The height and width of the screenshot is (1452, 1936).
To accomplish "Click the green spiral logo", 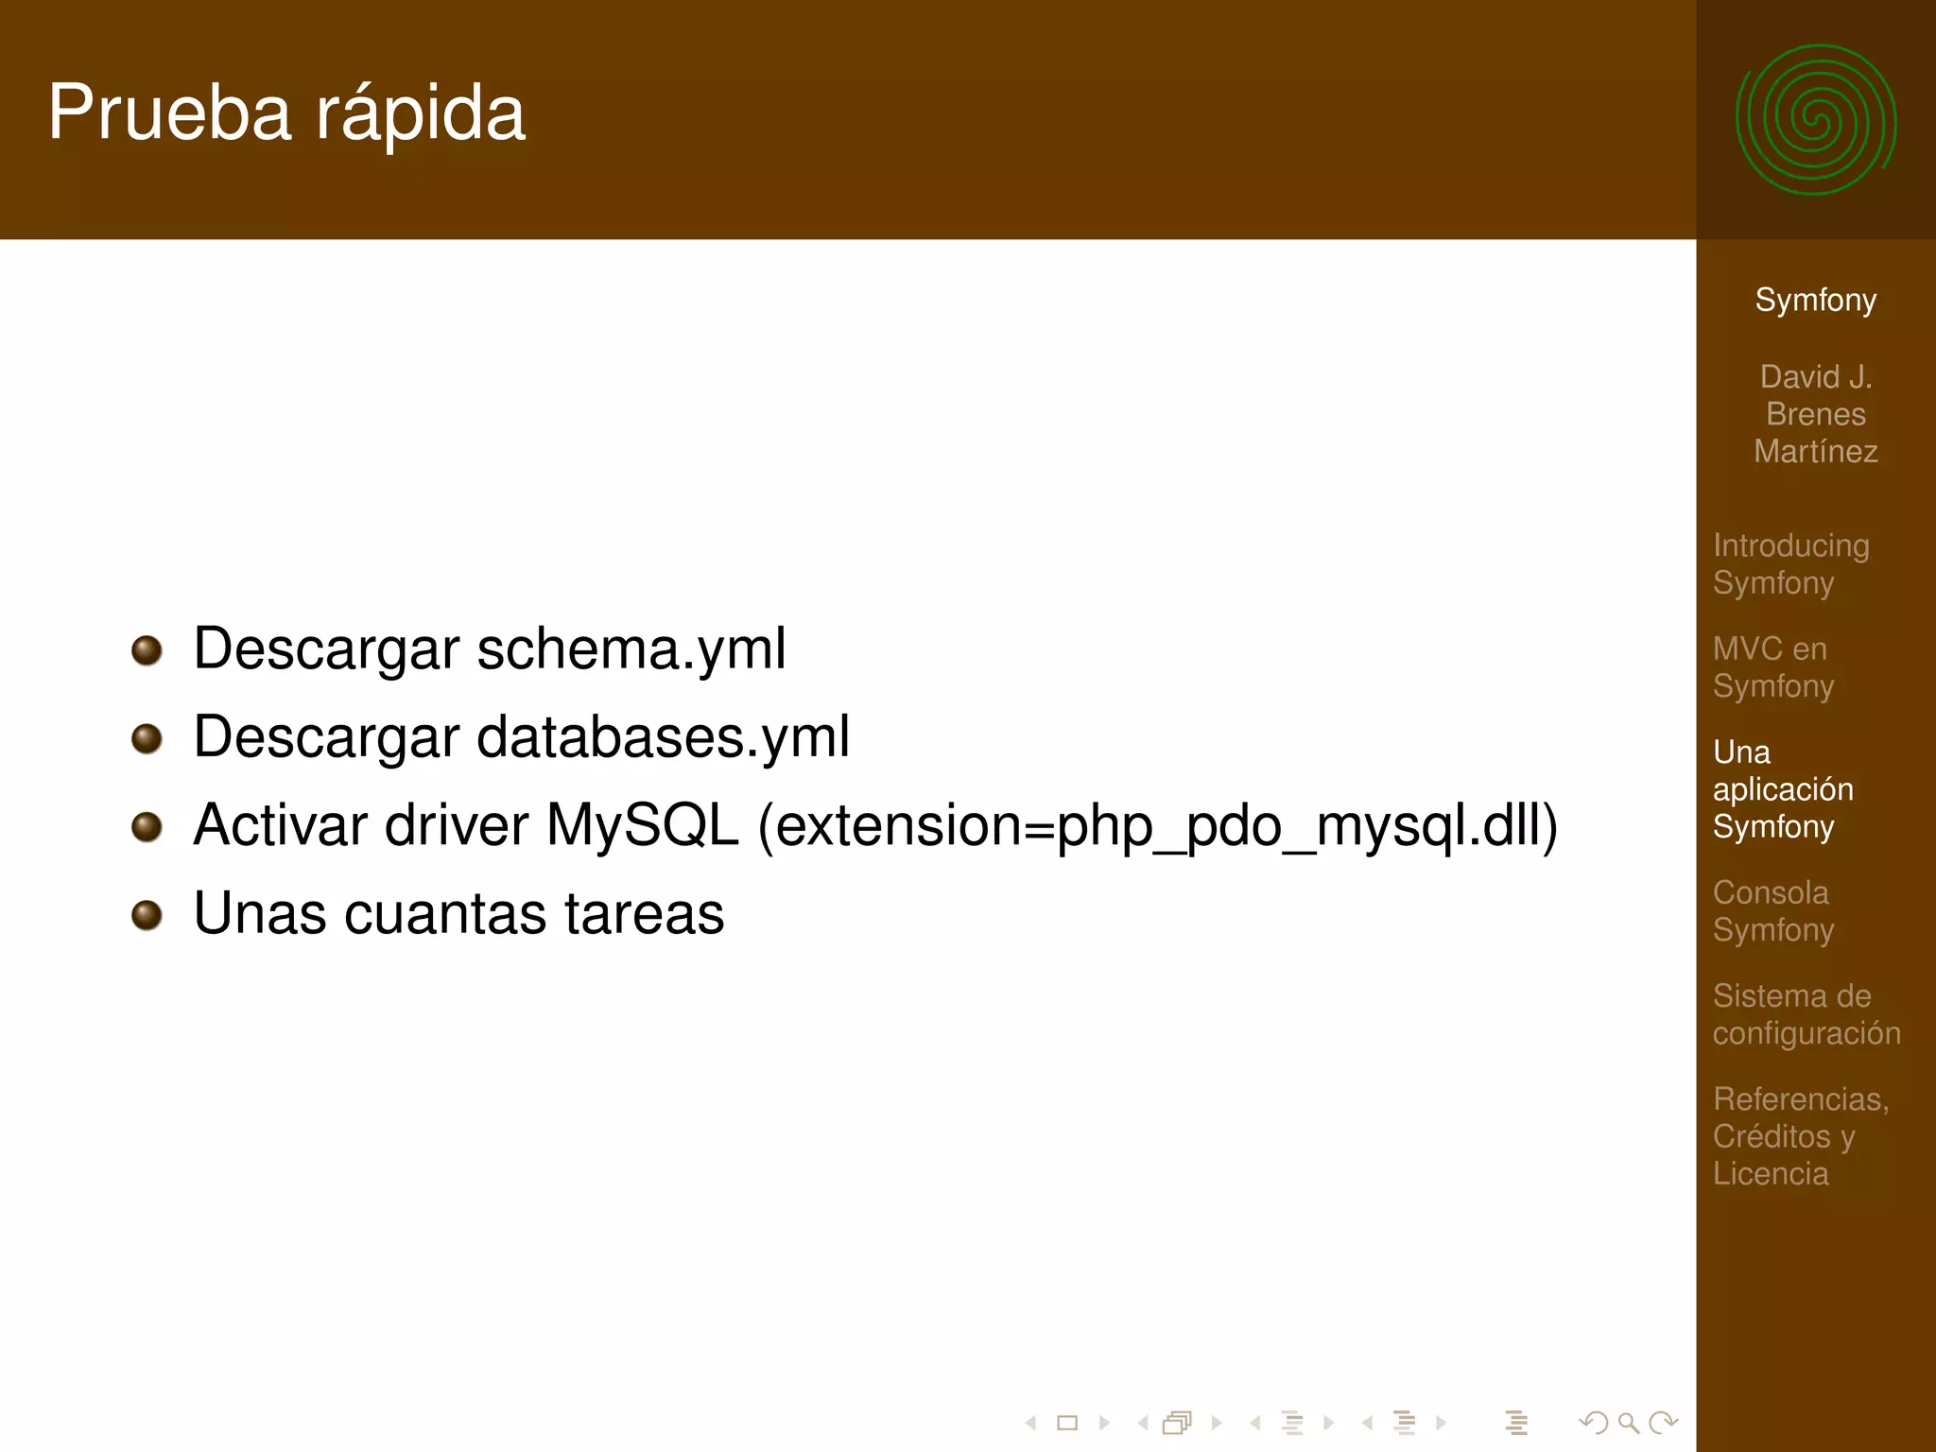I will [x=1815, y=120].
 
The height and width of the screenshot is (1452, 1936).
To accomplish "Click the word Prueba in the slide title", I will [x=169, y=112].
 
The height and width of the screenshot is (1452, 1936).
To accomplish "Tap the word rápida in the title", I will [x=420, y=114].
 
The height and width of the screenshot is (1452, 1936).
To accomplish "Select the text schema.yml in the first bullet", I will [x=631, y=649].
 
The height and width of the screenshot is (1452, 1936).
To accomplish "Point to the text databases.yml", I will [x=663, y=737].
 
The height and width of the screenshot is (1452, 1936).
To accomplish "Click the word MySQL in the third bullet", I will [x=642, y=825].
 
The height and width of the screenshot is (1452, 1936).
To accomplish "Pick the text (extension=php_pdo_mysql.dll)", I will [x=1158, y=826].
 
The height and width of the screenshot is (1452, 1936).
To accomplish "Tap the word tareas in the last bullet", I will [x=645, y=914].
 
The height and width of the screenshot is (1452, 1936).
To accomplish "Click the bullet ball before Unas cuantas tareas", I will [x=147, y=915].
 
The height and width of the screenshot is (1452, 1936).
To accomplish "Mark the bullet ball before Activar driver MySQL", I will [x=147, y=826].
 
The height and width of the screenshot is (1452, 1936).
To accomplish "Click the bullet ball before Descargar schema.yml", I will [x=147, y=650].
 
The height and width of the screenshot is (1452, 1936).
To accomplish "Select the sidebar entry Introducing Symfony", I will [x=1790, y=564].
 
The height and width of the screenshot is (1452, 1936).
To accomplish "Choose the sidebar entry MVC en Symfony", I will [x=1772, y=667].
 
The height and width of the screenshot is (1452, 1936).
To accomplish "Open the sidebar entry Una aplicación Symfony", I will [x=1782, y=789].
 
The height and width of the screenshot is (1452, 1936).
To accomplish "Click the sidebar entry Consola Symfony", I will [x=1772, y=911].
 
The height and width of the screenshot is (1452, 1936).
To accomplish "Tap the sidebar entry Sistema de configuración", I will [x=1806, y=1014].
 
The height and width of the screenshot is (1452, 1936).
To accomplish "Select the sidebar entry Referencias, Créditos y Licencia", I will [x=1800, y=1136].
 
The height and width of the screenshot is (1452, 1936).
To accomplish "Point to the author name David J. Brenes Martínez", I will [x=1815, y=414].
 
